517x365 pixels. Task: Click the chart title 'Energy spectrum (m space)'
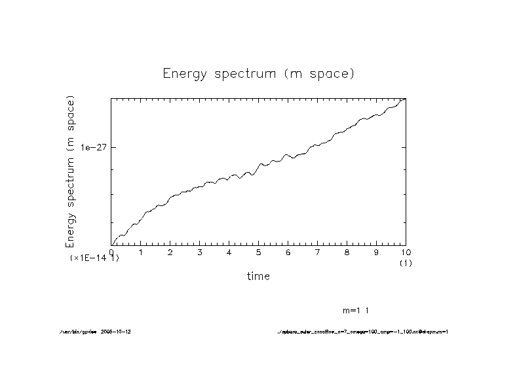tap(258, 73)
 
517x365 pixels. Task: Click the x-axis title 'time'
tap(258, 276)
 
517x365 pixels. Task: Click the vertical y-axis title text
tap(70, 171)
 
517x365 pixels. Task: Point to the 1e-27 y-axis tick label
tap(94, 147)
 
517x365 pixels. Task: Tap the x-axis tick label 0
tap(111, 252)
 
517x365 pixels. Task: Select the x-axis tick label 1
tap(141, 252)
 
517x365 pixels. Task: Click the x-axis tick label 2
tap(170, 252)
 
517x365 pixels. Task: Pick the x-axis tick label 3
tap(200, 252)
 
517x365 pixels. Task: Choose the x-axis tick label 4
tap(229, 252)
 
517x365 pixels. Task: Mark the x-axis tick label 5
tap(259, 252)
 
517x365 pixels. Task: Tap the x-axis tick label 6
tap(288, 252)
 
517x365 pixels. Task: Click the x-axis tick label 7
tap(317, 252)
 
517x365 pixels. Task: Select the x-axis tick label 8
tap(347, 252)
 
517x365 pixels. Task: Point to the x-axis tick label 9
tap(376, 252)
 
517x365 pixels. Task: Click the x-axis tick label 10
tap(405, 252)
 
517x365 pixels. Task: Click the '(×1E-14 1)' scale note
tap(94, 258)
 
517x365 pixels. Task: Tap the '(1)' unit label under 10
tap(405, 263)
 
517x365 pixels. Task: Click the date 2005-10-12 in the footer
tap(120, 332)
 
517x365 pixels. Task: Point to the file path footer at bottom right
tap(362, 332)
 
